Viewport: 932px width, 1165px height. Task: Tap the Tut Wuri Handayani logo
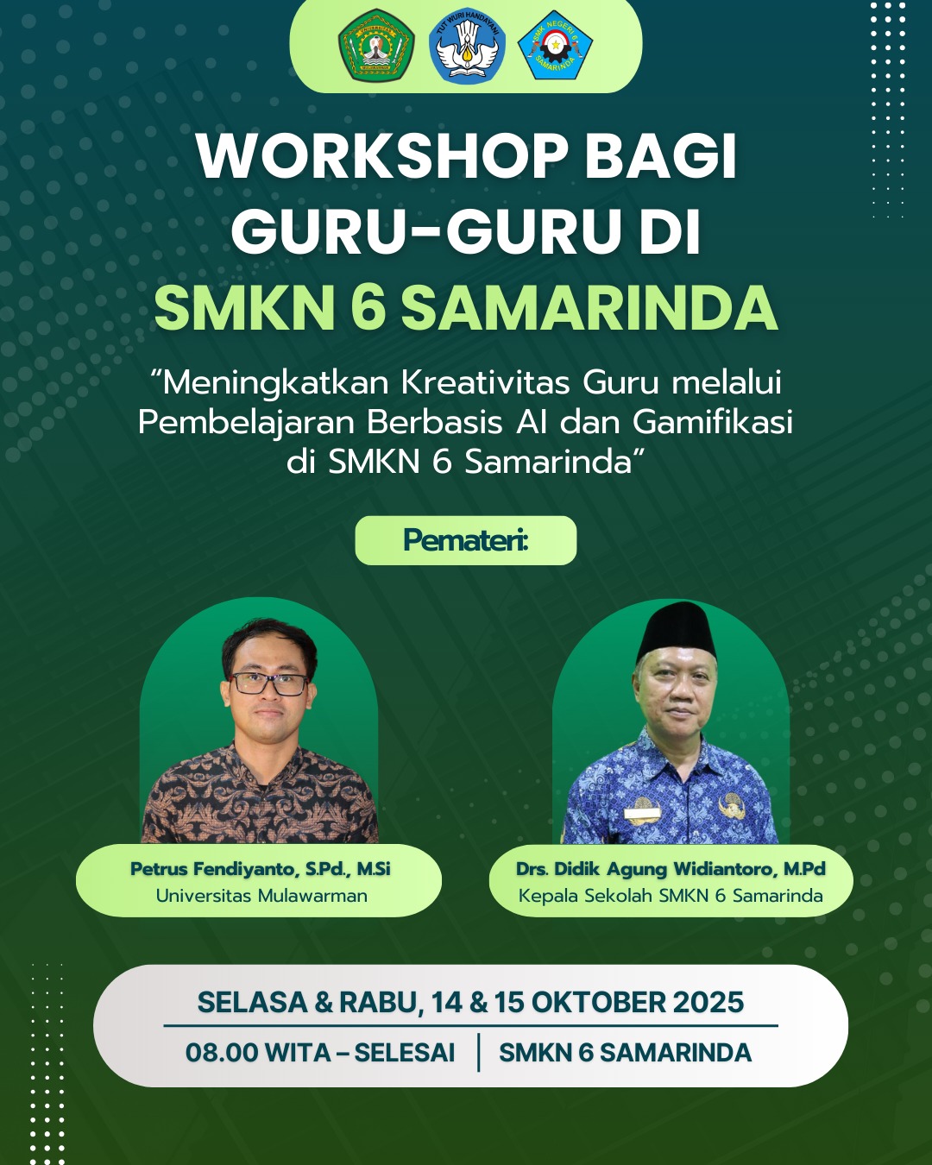pos(467,46)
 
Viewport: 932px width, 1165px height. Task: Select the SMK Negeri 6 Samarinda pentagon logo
pos(555,45)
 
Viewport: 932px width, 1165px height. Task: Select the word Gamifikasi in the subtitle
pos(713,422)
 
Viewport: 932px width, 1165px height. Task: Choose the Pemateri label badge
pos(466,540)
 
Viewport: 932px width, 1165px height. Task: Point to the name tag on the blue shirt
pos(642,813)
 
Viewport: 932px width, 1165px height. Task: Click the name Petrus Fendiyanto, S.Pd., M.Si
pos(261,869)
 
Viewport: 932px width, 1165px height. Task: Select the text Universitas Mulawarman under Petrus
pos(261,896)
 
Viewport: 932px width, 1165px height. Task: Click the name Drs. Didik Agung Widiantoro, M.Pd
pos(671,869)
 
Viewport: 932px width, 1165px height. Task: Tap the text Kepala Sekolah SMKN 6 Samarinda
pos(671,896)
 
